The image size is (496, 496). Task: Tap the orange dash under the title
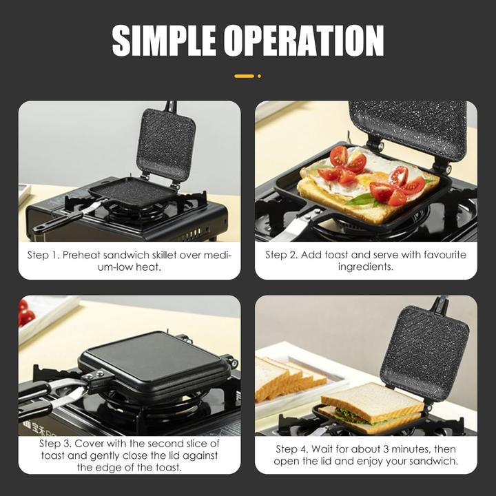click(x=244, y=76)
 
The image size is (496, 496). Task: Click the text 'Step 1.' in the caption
click(x=43, y=255)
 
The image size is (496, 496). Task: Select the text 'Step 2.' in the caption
click(x=282, y=255)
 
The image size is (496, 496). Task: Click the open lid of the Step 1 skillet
click(x=166, y=145)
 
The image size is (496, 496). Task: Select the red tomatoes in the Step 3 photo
click(x=25, y=313)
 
